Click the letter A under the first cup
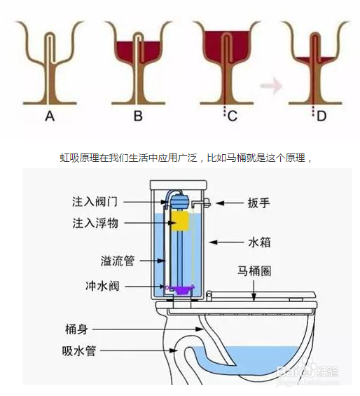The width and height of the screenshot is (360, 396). click(49, 117)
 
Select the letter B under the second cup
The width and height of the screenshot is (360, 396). click(138, 117)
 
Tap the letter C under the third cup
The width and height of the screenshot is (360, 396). click(233, 117)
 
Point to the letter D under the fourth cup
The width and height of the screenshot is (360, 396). click(321, 117)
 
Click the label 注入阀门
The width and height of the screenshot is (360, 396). click(97, 201)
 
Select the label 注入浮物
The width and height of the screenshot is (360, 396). click(97, 224)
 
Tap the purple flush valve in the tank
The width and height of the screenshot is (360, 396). click(180, 287)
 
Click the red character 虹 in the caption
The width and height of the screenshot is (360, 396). click(64, 158)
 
